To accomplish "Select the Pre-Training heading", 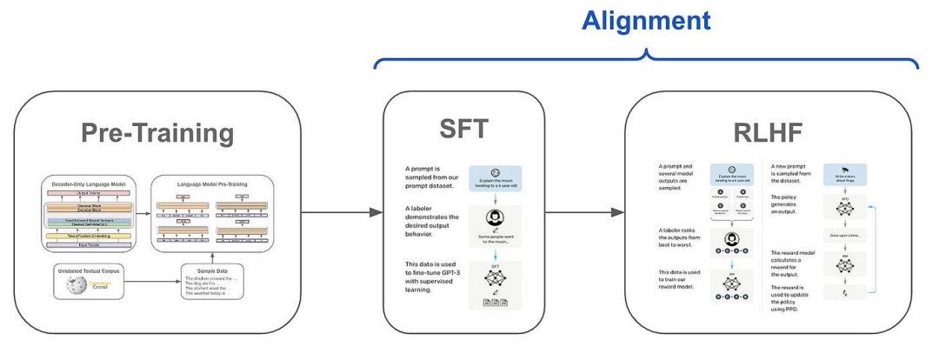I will coord(157,133).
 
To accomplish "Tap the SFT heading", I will coord(464,133).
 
